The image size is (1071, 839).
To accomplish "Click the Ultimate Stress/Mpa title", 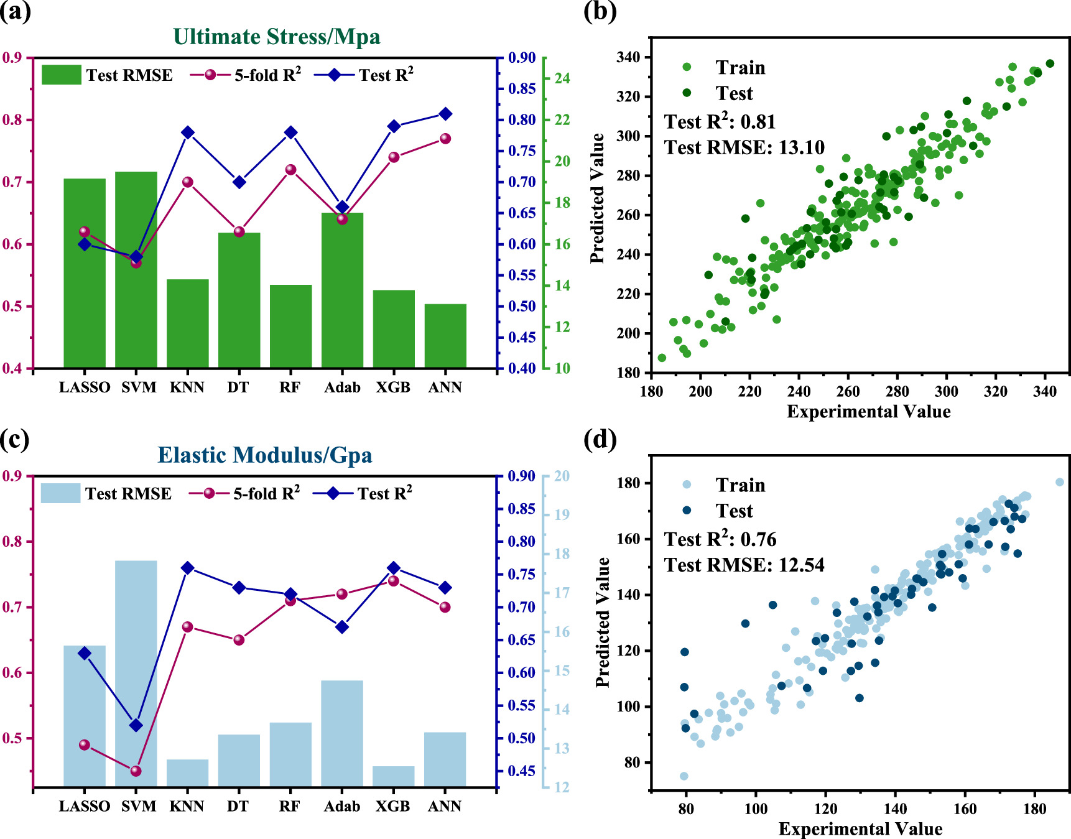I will (276, 37).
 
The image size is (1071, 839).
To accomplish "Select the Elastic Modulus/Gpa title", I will (265, 455).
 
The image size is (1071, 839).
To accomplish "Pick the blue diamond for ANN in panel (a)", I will (445, 114).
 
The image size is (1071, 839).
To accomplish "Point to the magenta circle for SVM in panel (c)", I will (136, 771).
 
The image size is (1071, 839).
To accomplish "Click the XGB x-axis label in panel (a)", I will (393, 387).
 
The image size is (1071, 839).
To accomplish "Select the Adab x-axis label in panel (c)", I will (342, 807).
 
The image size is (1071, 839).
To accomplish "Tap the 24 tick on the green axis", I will (562, 78).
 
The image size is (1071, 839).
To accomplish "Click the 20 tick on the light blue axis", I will (562, 476).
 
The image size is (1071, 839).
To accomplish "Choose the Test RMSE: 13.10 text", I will (744, 148).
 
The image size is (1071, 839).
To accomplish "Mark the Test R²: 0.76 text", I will (720, 539).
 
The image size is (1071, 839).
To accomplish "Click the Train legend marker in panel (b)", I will (687, 67).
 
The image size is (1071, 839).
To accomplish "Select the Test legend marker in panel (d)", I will (687, 511).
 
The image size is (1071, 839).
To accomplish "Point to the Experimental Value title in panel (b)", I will (868, 412).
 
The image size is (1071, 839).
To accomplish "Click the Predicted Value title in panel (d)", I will (602, 622).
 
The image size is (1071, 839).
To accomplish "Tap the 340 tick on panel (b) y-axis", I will (628, 58).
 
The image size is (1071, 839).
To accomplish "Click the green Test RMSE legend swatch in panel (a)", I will (61, 75).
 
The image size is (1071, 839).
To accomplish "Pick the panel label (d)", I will (600, 440).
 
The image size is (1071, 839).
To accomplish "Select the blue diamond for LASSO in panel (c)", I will (85, 653).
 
